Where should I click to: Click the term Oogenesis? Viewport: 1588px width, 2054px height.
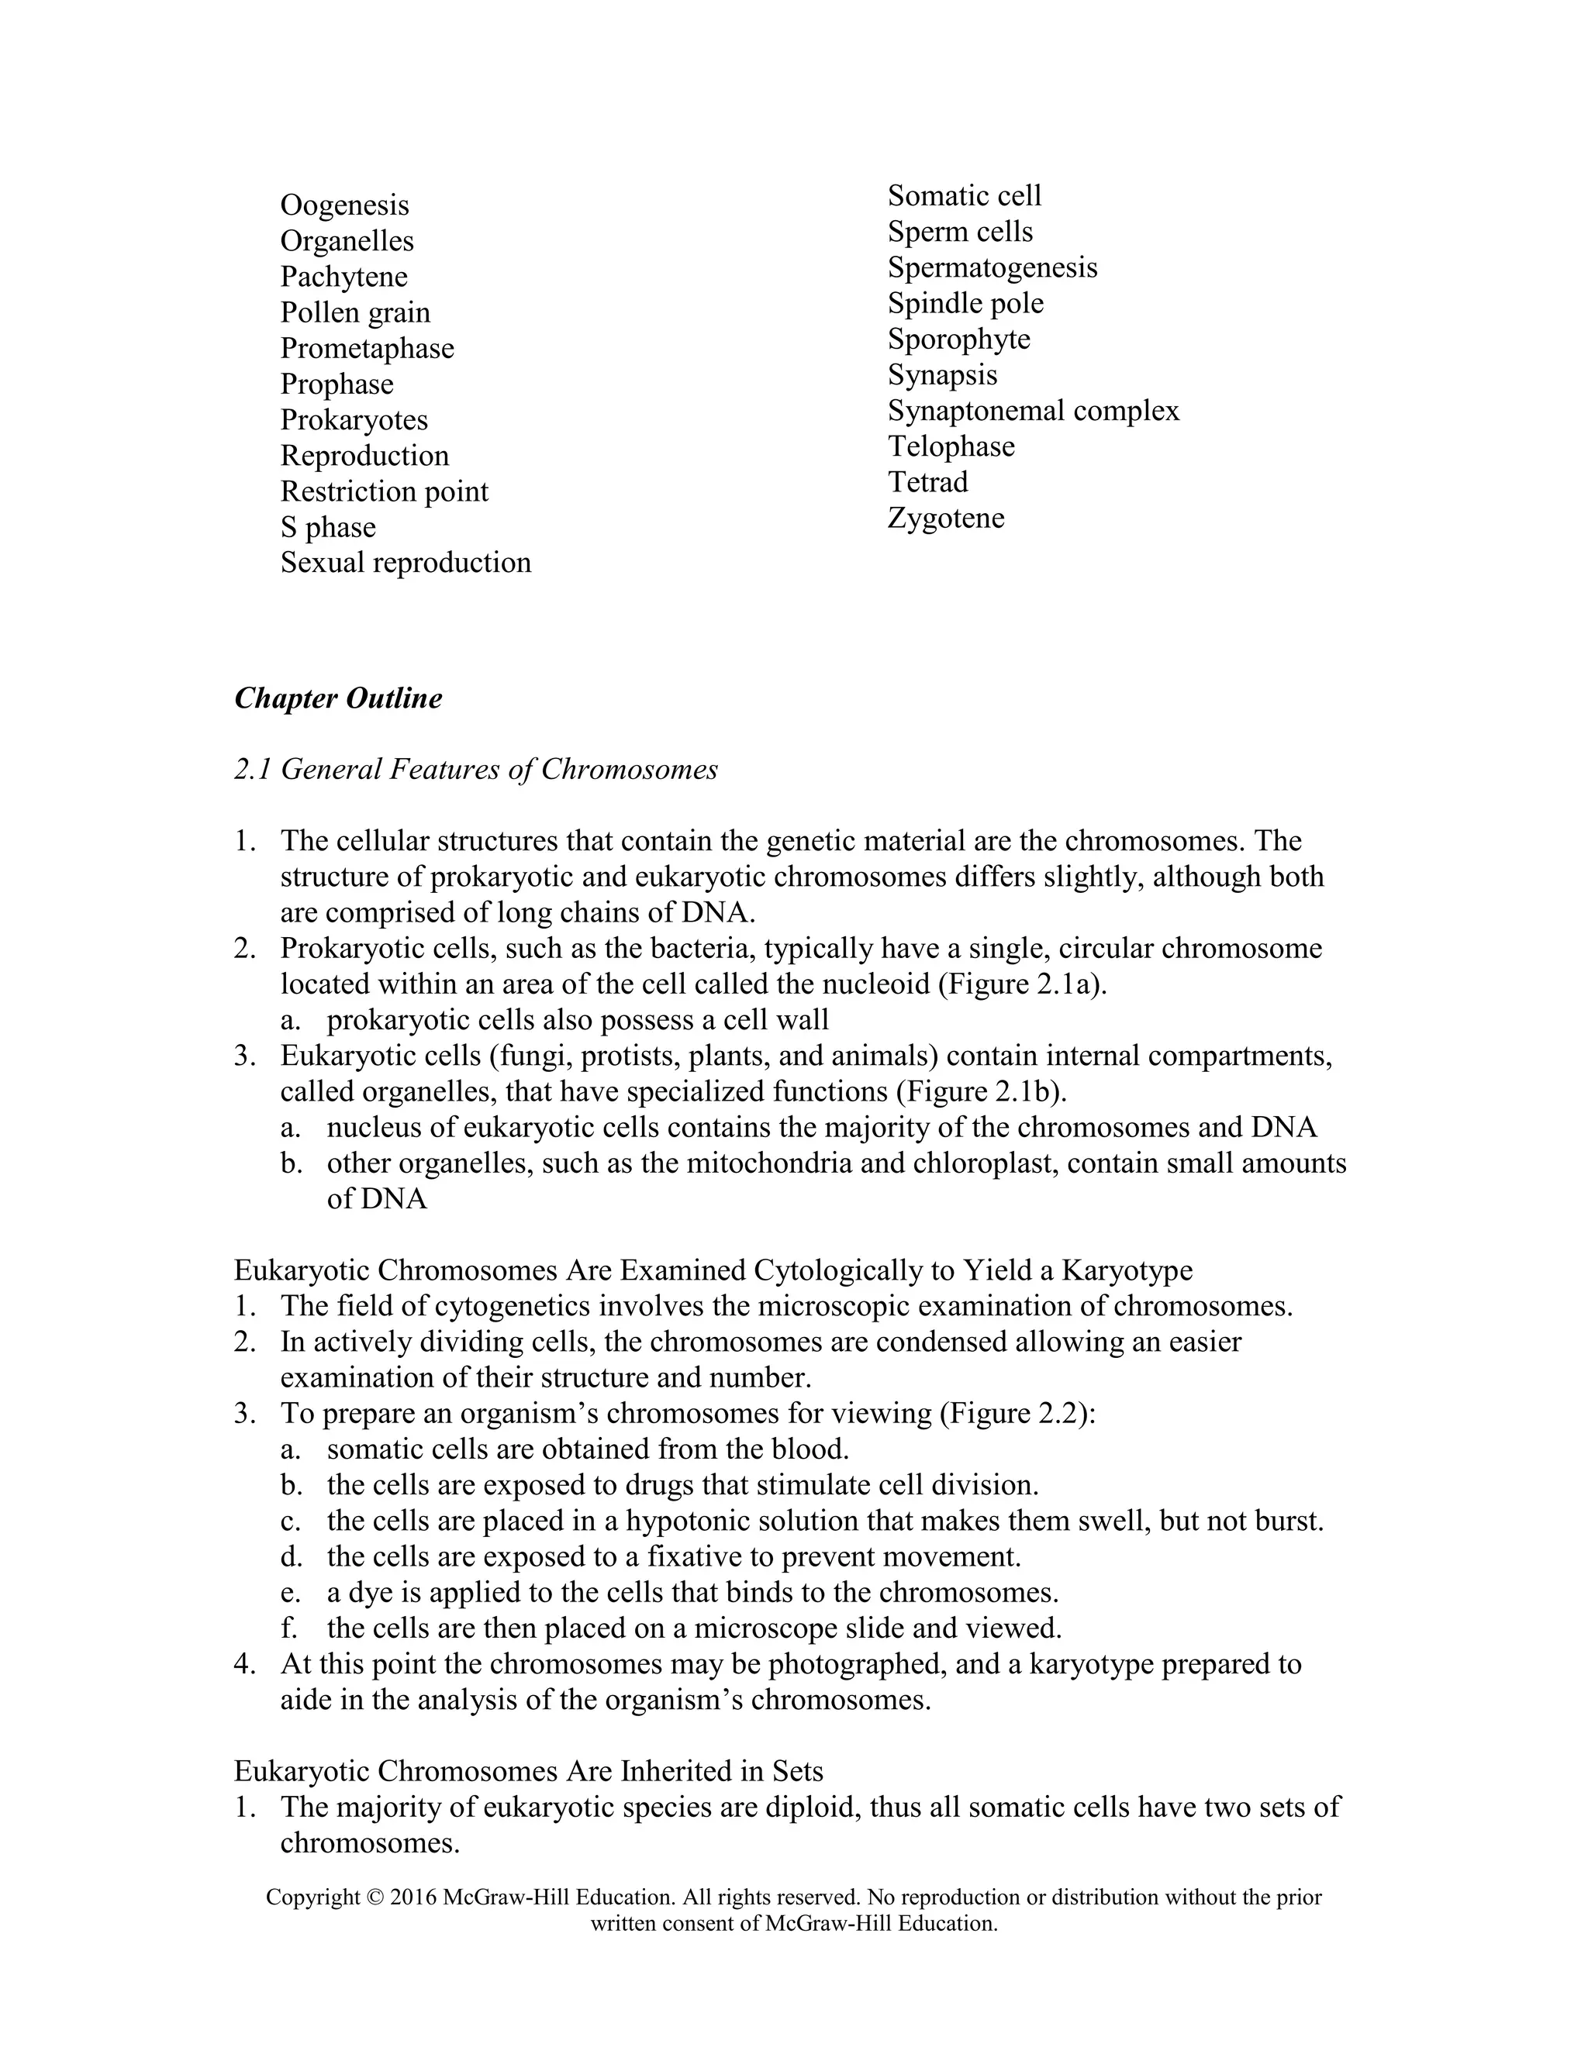(344, 205)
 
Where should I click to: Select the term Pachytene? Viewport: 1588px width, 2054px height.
(343, 277)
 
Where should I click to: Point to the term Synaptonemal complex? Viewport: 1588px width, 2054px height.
(1032, 411)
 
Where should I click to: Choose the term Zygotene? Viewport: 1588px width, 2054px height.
(945, 519)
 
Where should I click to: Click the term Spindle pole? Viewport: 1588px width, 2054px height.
(965, 304)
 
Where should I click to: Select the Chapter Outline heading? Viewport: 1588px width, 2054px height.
(338, 698)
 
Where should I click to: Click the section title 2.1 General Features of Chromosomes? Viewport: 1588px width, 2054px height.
(475, 770)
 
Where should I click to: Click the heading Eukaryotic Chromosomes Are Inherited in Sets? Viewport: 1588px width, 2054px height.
(528, 1771)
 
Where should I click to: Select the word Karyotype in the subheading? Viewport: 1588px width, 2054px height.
(1126, 1270)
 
